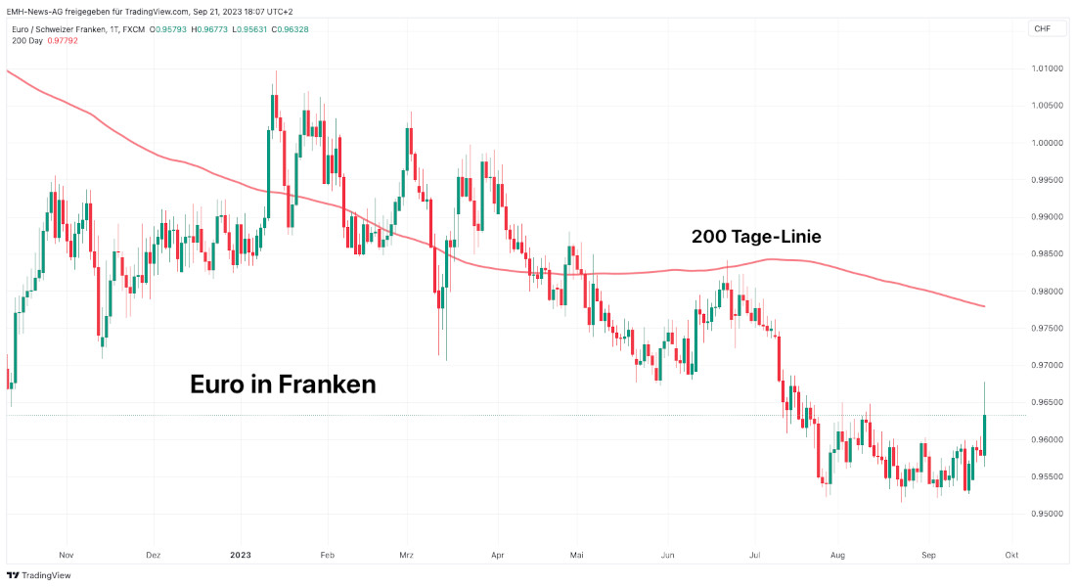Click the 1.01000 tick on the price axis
coord(1047,68)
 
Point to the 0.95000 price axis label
coord(1047,514)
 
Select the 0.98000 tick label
coord(1047,292)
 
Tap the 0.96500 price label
coord(1047,402)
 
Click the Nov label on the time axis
coord(67,555)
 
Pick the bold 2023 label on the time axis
coord(241,555)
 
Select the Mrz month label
coord(407,555)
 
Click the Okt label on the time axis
coord(1011,555)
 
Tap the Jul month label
coord(754,555)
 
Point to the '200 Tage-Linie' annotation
coord(756,237)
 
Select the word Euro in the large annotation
coord(217,384)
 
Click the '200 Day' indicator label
coord(26,40)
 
